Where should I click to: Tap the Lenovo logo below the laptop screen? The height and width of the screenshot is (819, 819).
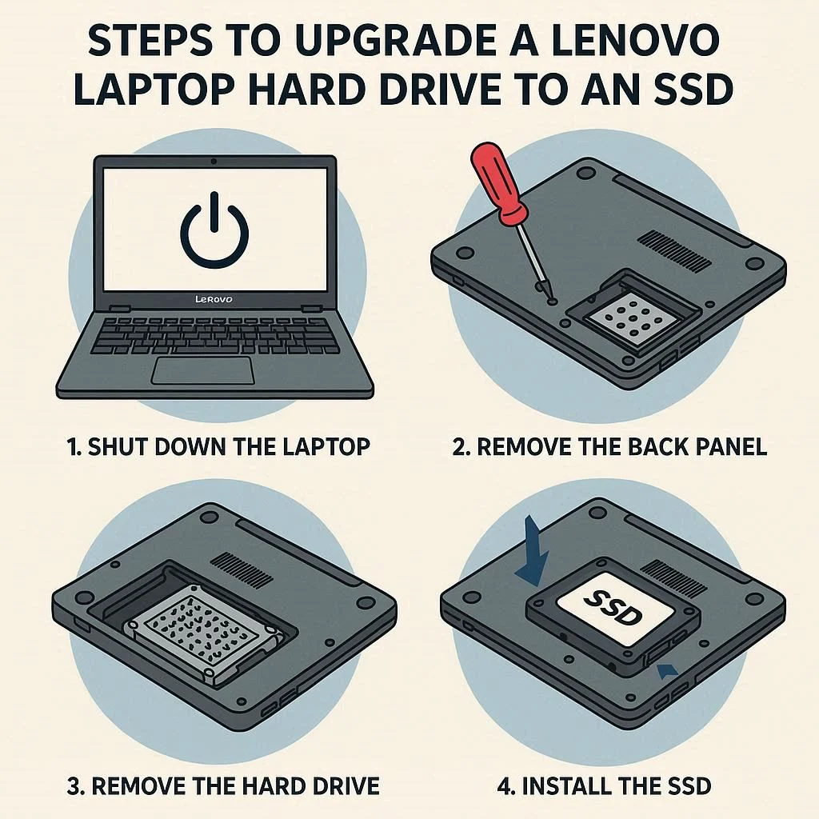click(x=213, y=299)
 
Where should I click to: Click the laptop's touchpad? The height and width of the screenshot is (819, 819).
click(x=203, y=371)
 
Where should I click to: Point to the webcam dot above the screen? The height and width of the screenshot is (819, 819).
click(x=214, y=162)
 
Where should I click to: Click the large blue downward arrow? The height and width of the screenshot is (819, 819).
click(x=533, y=553)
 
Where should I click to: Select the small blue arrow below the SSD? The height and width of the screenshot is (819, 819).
click(x=667, y=670)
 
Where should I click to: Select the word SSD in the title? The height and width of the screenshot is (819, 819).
click(x=689, y=89)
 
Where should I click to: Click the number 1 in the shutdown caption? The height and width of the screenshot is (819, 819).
click(x=73, y=448)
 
